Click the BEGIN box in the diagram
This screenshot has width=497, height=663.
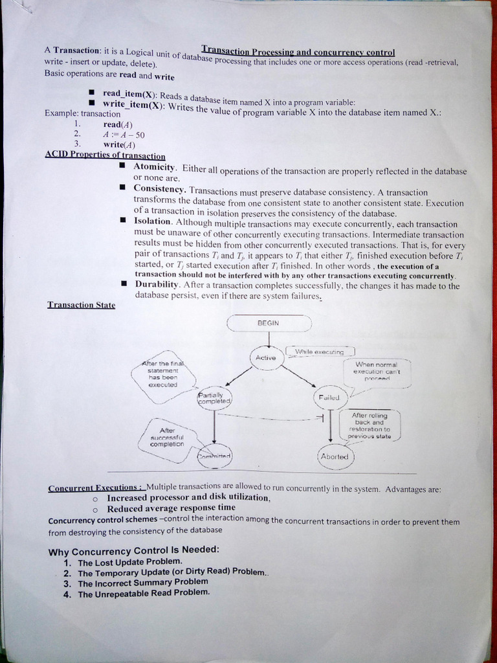269,322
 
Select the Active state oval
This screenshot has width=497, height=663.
265,357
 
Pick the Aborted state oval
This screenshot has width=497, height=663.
335,456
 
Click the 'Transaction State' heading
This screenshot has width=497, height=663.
81,304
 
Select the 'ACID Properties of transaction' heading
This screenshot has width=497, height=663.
105,155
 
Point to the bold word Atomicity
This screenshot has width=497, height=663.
155,167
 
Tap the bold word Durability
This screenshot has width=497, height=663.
156,284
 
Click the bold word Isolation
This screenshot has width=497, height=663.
153,221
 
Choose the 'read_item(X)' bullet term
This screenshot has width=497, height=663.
129,94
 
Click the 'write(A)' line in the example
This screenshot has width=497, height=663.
119,144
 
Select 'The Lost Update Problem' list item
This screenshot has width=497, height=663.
130,562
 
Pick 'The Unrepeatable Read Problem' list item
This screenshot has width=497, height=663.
144,593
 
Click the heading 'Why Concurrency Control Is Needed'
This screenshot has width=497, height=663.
134,550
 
